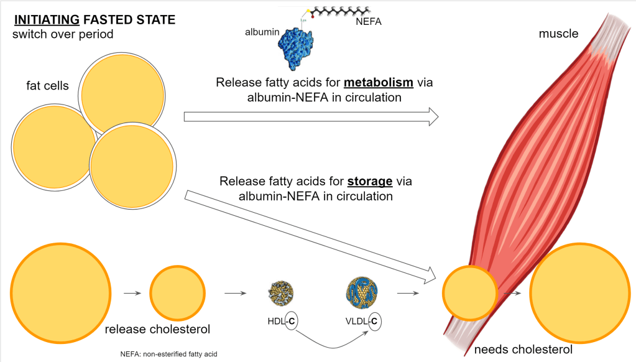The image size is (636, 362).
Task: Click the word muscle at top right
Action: click(x=558, y=34)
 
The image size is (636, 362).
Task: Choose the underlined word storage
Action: click(x=369, y=182)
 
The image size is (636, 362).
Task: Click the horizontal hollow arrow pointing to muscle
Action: click(x=311, y=116)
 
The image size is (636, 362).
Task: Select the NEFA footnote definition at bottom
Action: click(x=173, y=354)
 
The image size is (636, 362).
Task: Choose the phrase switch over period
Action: click(x=63, y=34)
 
